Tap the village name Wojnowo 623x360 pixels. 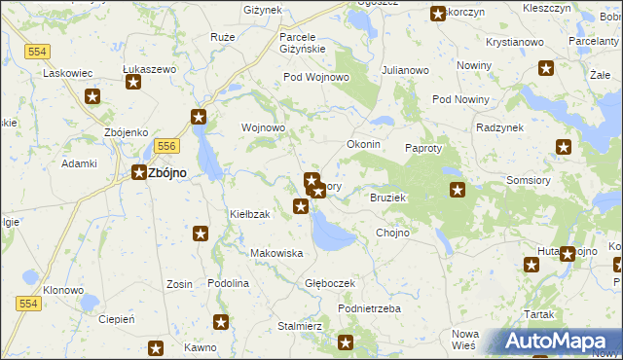pos(263,127)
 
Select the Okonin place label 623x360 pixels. pos(363,144)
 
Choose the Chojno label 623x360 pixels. pos(392,233)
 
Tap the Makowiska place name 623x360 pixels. pos(276,253)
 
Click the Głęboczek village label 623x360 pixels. pos(330,283)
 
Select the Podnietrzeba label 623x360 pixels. pos(369,308)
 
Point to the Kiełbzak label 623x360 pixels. pos(248,213)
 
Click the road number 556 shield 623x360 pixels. pos(166,145)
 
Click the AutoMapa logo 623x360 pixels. pos(559,342)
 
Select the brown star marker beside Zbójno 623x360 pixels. pos(138,173)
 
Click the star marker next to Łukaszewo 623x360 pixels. pos(133,84)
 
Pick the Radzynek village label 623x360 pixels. pos(500,127)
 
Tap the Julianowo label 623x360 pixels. pos(405,70)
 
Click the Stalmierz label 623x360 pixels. pos(300,326)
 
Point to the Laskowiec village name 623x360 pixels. pos(67,72)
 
